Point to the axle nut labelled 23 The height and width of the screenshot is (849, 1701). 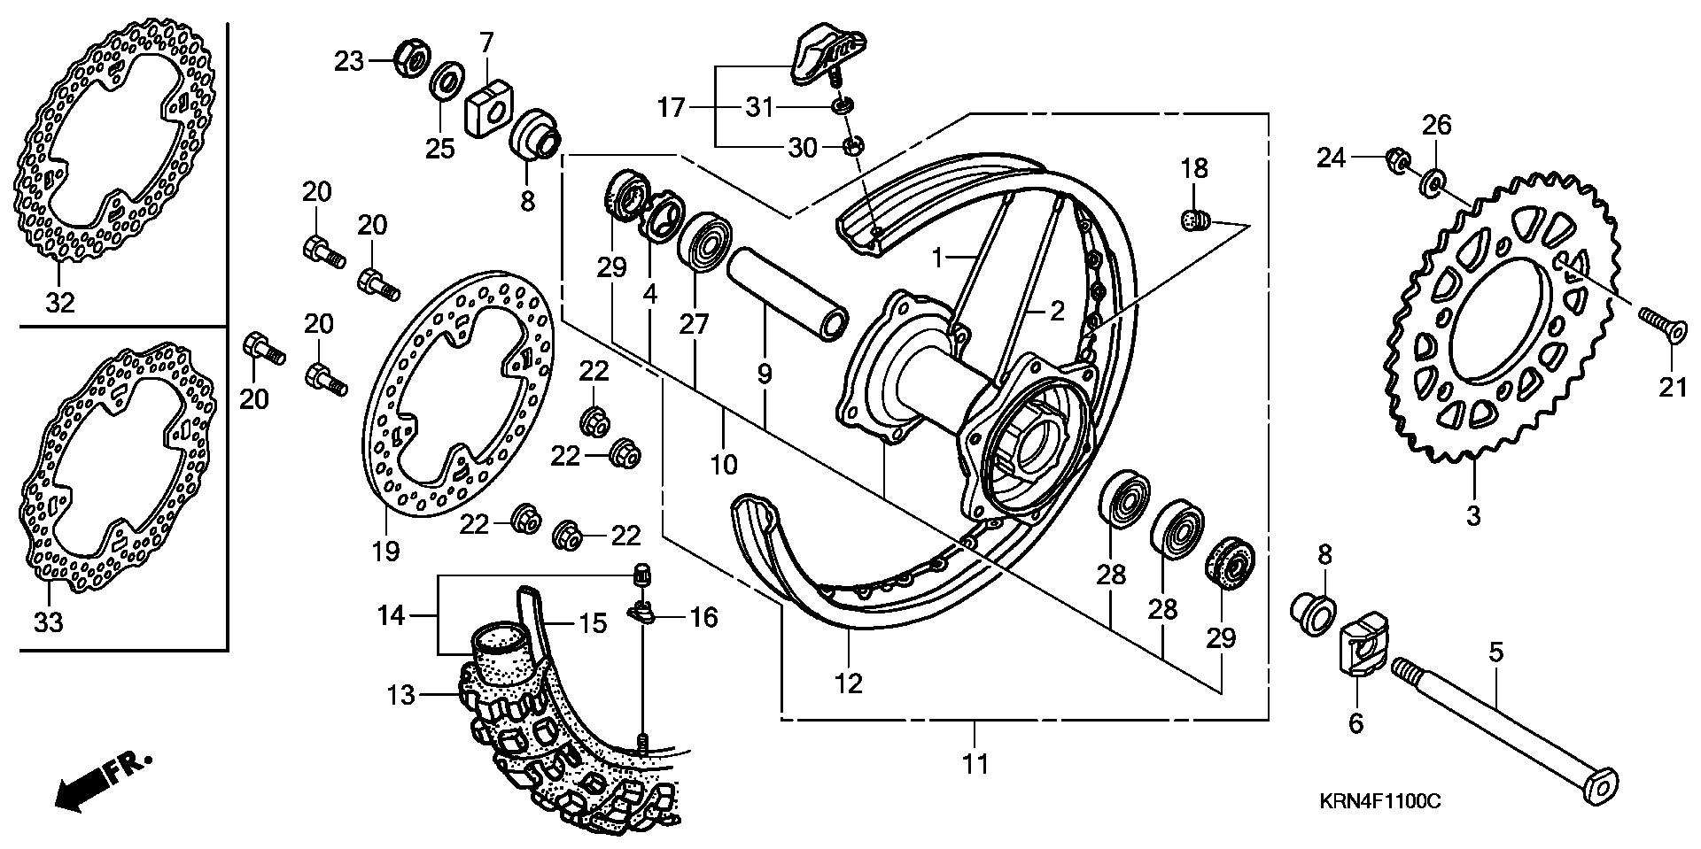410,59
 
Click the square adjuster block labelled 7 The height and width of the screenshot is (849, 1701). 485,105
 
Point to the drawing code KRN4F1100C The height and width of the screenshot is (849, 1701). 1379,802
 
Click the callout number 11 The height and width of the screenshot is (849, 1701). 975,763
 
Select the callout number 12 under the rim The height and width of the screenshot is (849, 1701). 849,683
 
